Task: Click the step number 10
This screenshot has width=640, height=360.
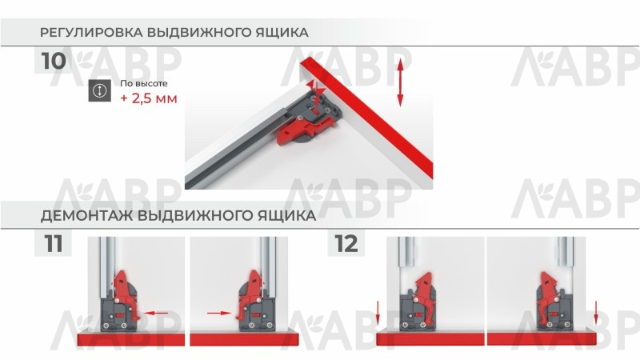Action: [54, 61]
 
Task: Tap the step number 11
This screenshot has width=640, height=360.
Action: [54, 244]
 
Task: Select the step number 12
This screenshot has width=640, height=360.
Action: [346, 244]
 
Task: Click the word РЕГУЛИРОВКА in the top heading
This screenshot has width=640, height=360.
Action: [90, 32]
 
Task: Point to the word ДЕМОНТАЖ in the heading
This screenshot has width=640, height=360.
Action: [86, 215]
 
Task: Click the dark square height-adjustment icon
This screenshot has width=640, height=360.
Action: [99, 90]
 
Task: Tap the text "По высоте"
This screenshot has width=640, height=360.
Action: [144, 84]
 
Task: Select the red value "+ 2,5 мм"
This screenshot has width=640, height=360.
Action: [149, 98]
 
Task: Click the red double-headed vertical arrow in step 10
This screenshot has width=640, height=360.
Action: [400, 82]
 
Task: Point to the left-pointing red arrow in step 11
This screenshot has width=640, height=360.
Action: [157, 313]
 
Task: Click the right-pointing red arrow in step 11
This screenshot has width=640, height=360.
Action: [219, 313]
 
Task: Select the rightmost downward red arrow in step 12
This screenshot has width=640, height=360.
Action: [596, 313]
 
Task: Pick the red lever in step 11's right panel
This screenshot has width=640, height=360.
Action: [250, 293]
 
